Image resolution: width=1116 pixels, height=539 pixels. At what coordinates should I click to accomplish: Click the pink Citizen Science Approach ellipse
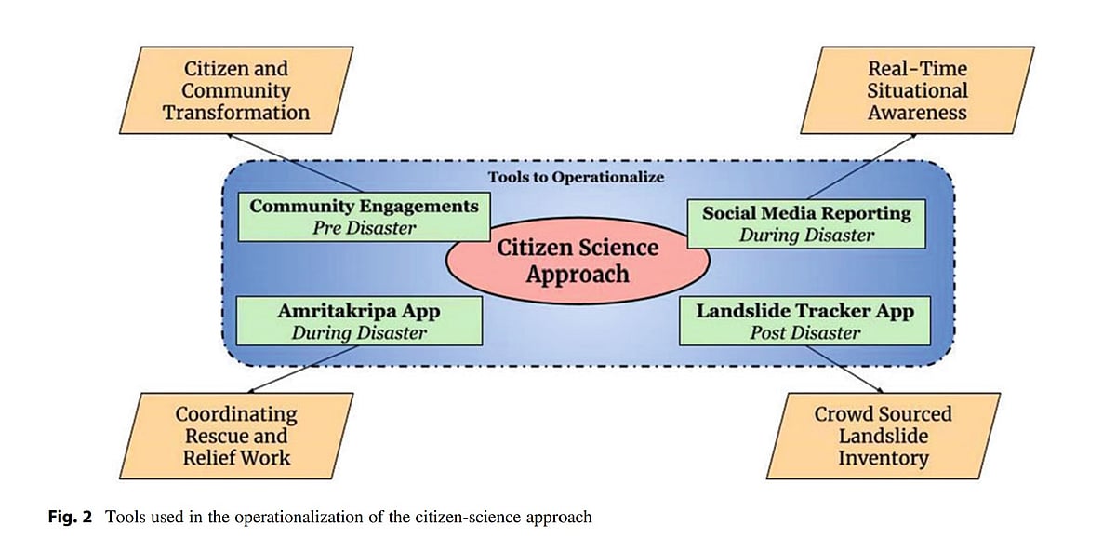pos(578,261)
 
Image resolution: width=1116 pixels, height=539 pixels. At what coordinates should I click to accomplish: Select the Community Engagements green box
pos(364,216)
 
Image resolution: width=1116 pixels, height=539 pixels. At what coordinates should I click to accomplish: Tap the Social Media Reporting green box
pos(806,223)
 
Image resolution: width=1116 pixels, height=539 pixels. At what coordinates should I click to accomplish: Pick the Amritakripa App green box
pos(359,319)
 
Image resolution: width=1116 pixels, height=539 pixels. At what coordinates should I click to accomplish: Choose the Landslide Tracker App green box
pos(804,319)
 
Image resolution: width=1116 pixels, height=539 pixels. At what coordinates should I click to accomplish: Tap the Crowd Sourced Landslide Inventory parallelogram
pos(883,436)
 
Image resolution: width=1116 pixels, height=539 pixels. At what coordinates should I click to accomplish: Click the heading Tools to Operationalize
pos(577,177)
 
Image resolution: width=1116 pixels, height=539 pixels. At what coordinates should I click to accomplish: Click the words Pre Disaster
pos(364,227)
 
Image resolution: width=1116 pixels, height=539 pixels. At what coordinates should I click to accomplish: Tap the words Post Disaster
pos(804,331)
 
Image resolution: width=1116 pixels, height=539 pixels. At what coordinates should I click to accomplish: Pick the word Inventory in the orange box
pos(883,458)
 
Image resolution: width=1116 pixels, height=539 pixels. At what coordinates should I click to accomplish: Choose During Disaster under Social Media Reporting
pos(806,236)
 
